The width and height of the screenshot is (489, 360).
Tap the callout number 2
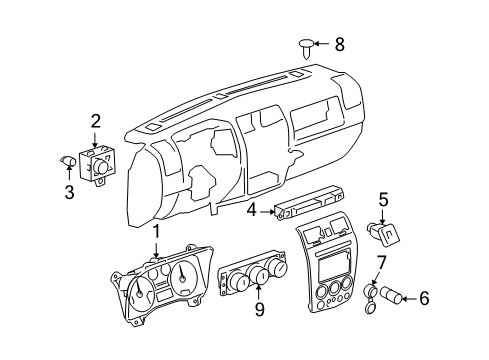click(x=95, y=122)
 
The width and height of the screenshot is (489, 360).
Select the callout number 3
click(x=69, y=192)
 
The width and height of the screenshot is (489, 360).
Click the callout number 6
click(x=424, y=297)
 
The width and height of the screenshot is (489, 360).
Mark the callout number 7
click(x=380, y=263)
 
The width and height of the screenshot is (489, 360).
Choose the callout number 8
click(x=339, y=43)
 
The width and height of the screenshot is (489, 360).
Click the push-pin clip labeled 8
click(x=306, y=43)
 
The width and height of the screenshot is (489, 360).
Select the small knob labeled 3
click(x=68, y=161)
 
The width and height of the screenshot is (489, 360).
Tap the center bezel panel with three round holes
click(x=328, y=276)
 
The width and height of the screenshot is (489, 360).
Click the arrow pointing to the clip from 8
click(x=323, y=43)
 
